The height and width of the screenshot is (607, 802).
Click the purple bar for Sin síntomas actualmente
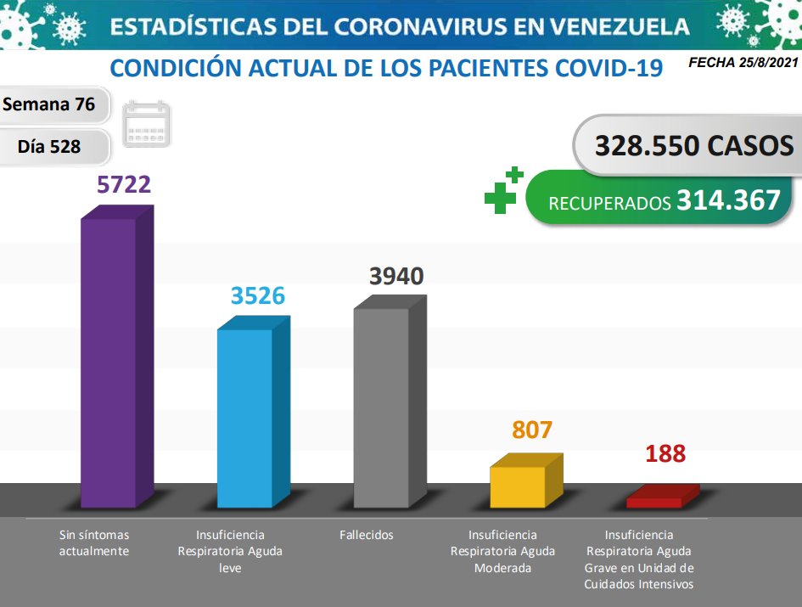[109, 361]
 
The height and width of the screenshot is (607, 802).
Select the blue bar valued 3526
[245, 416]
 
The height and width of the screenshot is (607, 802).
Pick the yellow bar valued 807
[518, 486]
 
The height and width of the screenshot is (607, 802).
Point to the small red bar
[654, 502]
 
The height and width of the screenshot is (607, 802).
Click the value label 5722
[124, 184]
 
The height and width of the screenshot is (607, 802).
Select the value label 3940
[396, 276]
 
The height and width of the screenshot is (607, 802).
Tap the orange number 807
[532, 430]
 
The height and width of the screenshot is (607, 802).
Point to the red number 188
[665, 453]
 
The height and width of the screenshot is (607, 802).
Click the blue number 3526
[258, 295]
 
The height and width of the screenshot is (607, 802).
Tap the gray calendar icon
[147, 126]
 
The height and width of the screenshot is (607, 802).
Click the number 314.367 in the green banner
[728, 200]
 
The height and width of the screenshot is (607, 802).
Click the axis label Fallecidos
[367, 535]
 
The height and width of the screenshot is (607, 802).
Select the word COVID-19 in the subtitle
[609, 67]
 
